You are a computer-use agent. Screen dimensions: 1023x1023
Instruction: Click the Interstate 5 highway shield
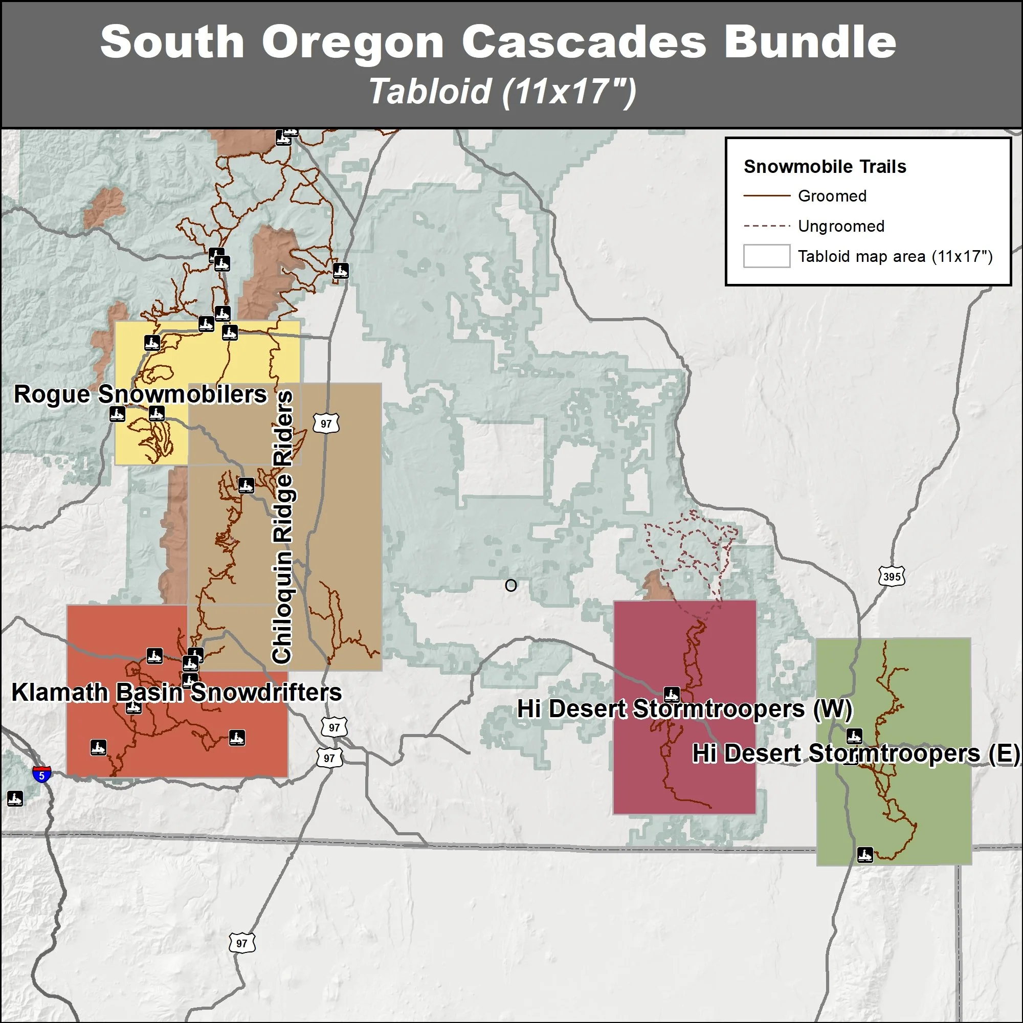[x=42, y=774]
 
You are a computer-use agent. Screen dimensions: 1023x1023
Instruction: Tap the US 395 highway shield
[x=892, y=576]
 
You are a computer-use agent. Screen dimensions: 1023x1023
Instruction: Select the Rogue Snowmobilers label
[x=140, y=394]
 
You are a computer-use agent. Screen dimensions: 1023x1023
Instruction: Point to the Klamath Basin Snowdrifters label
[x=176, y=692]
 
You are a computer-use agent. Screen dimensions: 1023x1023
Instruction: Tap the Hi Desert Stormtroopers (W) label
[x=684, y=709]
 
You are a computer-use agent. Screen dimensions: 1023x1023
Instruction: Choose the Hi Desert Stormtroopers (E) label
[x=856, y=753]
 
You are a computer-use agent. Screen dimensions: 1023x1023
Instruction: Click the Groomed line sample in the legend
[x=766, y=196]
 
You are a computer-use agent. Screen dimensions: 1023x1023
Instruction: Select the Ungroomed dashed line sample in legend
[x=766, y=226]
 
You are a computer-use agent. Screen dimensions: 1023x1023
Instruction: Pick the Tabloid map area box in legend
[x=766, y=256]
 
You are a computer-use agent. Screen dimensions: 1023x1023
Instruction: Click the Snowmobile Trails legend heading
[x=825, y=167]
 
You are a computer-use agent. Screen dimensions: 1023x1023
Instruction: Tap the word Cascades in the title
[x=584, y=42]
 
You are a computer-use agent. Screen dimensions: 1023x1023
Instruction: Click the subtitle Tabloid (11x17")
[x=502, y=92]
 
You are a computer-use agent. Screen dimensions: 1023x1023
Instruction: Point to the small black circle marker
[x=510, y=585]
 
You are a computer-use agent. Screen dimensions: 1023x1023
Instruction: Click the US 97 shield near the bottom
[x=242, y=943]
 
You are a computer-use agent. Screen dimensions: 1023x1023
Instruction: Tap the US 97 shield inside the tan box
[x=326, y=424]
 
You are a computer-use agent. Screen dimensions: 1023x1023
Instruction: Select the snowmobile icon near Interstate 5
[x=15, y=798]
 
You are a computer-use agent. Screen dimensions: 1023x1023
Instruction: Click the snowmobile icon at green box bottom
[x=864, y=855]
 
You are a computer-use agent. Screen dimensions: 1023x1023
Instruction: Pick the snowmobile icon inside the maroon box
[x=672, y=694]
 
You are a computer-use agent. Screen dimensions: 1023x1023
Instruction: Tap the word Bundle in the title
[x=810, y=42]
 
